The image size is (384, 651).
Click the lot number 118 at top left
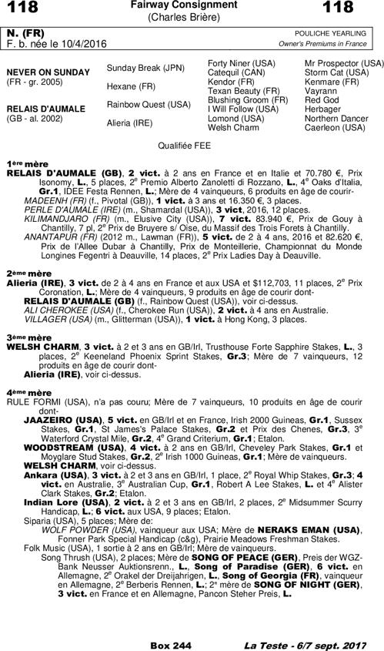pyautogui.click(x=22, y=9)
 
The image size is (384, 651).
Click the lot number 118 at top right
pyautogui.click(x=361, y=9)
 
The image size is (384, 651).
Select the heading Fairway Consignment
pyautogui.click(x=192, y=5)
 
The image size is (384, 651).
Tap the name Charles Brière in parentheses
pyautogui.click(x=192, y=16)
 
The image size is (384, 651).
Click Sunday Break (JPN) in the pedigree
pyautogui.click(x=140, y=67)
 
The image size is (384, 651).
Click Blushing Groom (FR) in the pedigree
pyautogui.click(x=248, y=99)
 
